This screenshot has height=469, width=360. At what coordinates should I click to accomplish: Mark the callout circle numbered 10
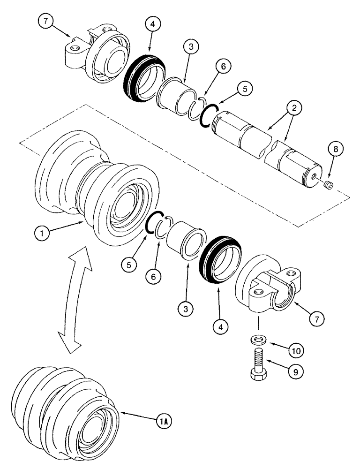point(296,350)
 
